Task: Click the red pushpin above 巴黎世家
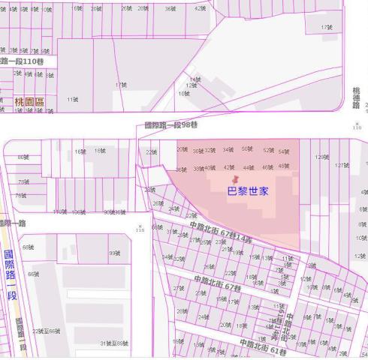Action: click(x=237, y=180)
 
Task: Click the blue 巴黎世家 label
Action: click(x=249, y=191)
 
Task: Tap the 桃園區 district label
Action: click(x=30, y=100)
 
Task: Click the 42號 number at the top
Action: click(x=199, y=8)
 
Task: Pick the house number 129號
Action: click(x=322, y=157)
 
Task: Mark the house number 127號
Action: click(x=342, y=165)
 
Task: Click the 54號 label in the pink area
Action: click(x=283, y=151)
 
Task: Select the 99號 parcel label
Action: click(x=114, y=253)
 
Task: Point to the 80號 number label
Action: click(x=23, y=157)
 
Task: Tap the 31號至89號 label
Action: click(x=114, y=343)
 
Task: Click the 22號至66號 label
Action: click(x=47, y=331)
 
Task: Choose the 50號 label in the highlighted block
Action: click(x=248, y=148)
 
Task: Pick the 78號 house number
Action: click(x=23, y=181)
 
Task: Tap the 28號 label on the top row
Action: click(x=143, y=8)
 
